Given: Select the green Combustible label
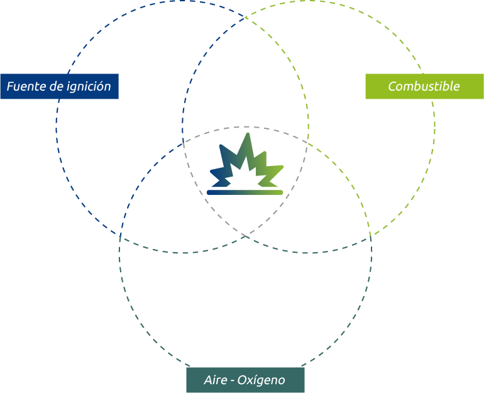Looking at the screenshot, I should tap(424, 86).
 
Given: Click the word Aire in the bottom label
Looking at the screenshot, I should tap(215, 380).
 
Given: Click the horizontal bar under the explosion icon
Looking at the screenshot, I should tap(245, 192).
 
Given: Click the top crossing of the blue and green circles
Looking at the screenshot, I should tap(245, 16).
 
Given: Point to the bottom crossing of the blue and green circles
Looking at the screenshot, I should tap(245, 236).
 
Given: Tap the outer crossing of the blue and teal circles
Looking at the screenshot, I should tap(120, 233).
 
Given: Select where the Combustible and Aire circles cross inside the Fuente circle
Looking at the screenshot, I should tap(184, 143).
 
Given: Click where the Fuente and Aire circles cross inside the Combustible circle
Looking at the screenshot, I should tap(307, 143).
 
